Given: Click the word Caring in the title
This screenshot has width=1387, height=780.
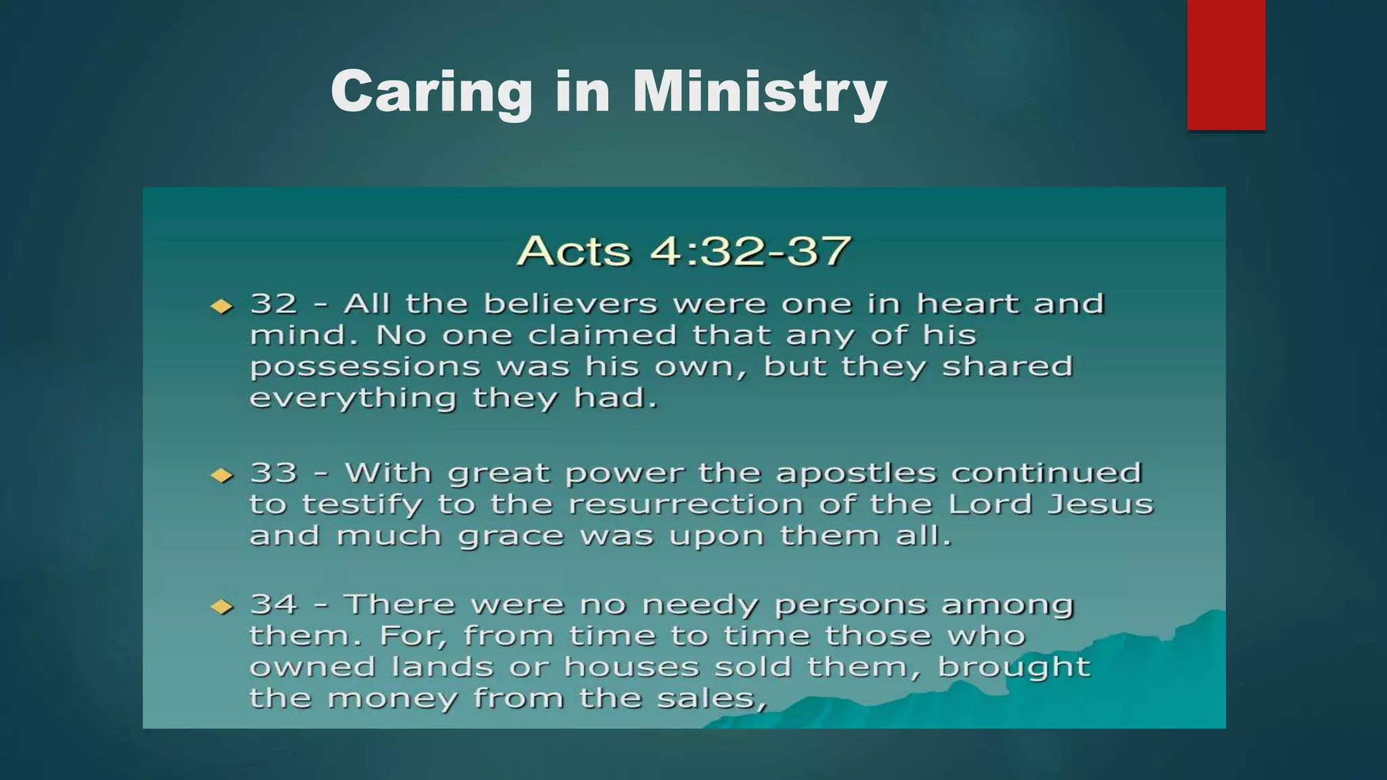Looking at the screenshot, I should (x=431, y=93).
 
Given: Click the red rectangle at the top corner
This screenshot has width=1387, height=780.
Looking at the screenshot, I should (x=1226, y=64).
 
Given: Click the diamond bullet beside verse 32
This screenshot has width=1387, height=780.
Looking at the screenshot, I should (x=221, y=307).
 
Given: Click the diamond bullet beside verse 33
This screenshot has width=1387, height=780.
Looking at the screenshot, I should (x=221, y=475).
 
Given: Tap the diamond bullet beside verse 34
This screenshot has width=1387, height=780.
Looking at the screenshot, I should (x=221, y=607).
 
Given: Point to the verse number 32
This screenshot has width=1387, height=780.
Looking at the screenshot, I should (x=274, y=303).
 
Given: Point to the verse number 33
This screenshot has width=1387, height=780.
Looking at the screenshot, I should (x=274, y=473).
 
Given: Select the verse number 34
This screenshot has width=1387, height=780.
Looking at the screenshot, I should (x=274, y=604).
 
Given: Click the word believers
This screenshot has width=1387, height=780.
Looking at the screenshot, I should (x=570, y=303).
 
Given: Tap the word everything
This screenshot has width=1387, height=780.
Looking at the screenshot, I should (x=352, y=399).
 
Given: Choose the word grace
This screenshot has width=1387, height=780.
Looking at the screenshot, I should (x=511, y=537).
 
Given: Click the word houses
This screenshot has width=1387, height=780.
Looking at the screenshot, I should (x=631, y=668).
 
